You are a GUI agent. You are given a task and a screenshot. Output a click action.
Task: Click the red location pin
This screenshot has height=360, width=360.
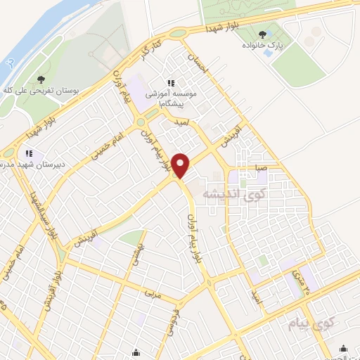181,165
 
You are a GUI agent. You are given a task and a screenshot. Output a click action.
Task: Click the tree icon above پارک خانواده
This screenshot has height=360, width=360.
263,34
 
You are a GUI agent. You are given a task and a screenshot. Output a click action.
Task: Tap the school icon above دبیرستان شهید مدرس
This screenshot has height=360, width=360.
30,153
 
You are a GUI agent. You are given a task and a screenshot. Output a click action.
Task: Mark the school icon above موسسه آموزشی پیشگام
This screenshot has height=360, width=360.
169,82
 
